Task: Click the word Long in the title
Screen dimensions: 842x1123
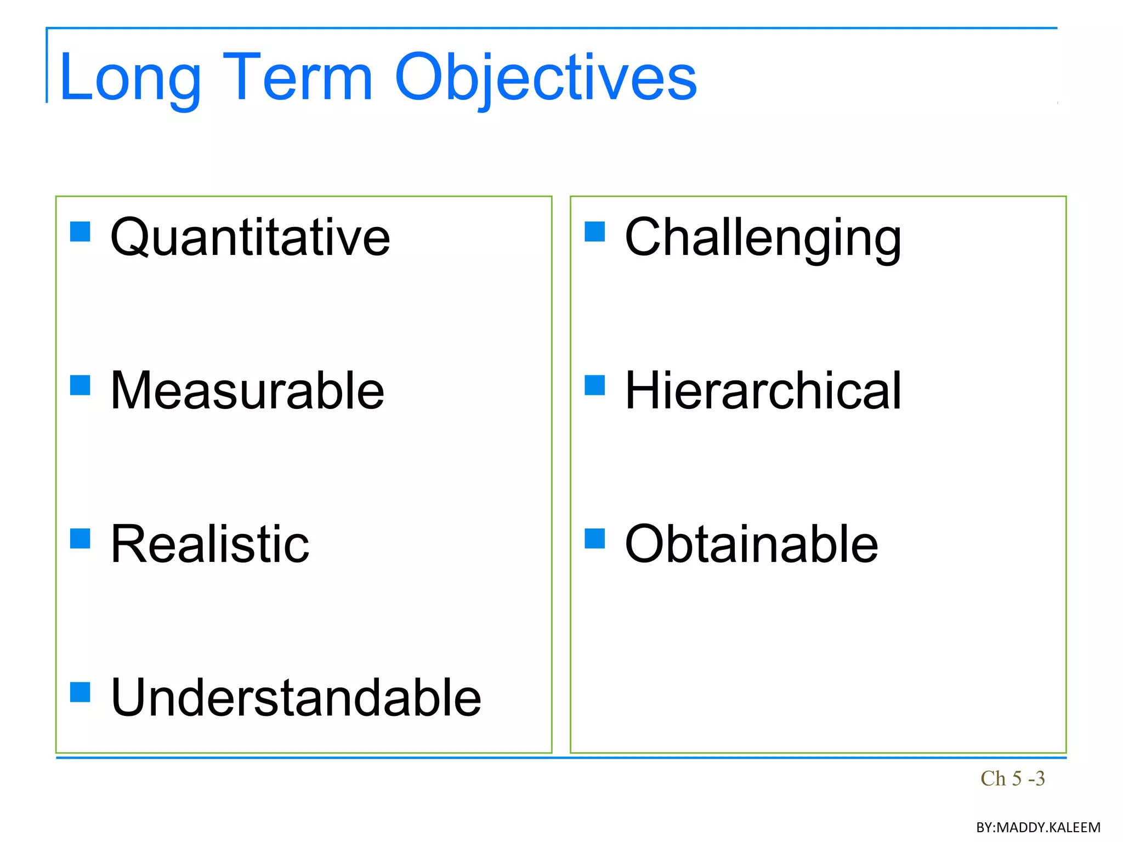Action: click(x=130, y=78)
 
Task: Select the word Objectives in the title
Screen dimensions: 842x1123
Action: click(x=545, y=78)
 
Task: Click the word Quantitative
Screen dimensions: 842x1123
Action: click(x=250, y=237)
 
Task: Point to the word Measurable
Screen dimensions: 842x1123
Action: click(x=247, y=391)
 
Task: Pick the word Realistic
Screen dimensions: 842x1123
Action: click(x=210, y=544)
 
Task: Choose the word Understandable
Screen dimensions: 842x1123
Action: click(x=296, y=698)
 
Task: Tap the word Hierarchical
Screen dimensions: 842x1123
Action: click(x=763, y=391)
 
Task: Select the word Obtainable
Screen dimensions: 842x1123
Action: click(x=751, y=544)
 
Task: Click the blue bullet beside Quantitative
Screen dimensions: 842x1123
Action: click(x=80, y=231)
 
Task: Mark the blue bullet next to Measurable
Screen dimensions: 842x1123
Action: click(x=80, y=385)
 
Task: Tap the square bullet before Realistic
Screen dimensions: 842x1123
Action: click(x=80, y=538)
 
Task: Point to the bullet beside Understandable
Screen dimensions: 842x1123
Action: click(x=80, y=692)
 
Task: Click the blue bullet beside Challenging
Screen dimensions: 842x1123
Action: click(x=594, y=231)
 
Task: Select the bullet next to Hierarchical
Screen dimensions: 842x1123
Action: click(x=594, y=385)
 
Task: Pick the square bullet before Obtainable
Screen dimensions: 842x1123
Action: click(x=594, y=538)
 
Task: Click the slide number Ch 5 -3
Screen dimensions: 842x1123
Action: click(x=1012, y=778)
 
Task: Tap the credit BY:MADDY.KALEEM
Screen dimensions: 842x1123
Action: click(x=1038, y=827)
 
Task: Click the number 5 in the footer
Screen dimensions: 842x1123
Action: click(x=1017, y=778)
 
